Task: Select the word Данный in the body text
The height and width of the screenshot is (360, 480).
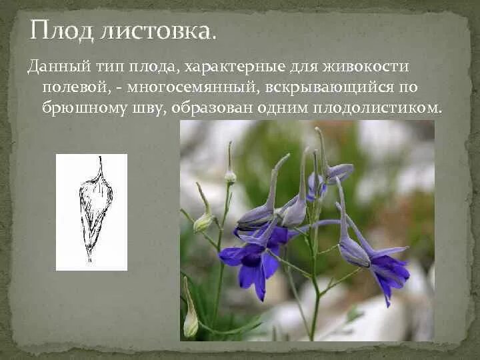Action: tap(54, 67)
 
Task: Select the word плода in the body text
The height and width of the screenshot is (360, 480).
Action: tap(152, 67)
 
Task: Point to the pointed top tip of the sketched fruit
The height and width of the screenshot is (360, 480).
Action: tap(100, 160)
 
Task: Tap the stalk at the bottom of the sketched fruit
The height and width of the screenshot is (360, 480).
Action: tap(89, 257)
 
